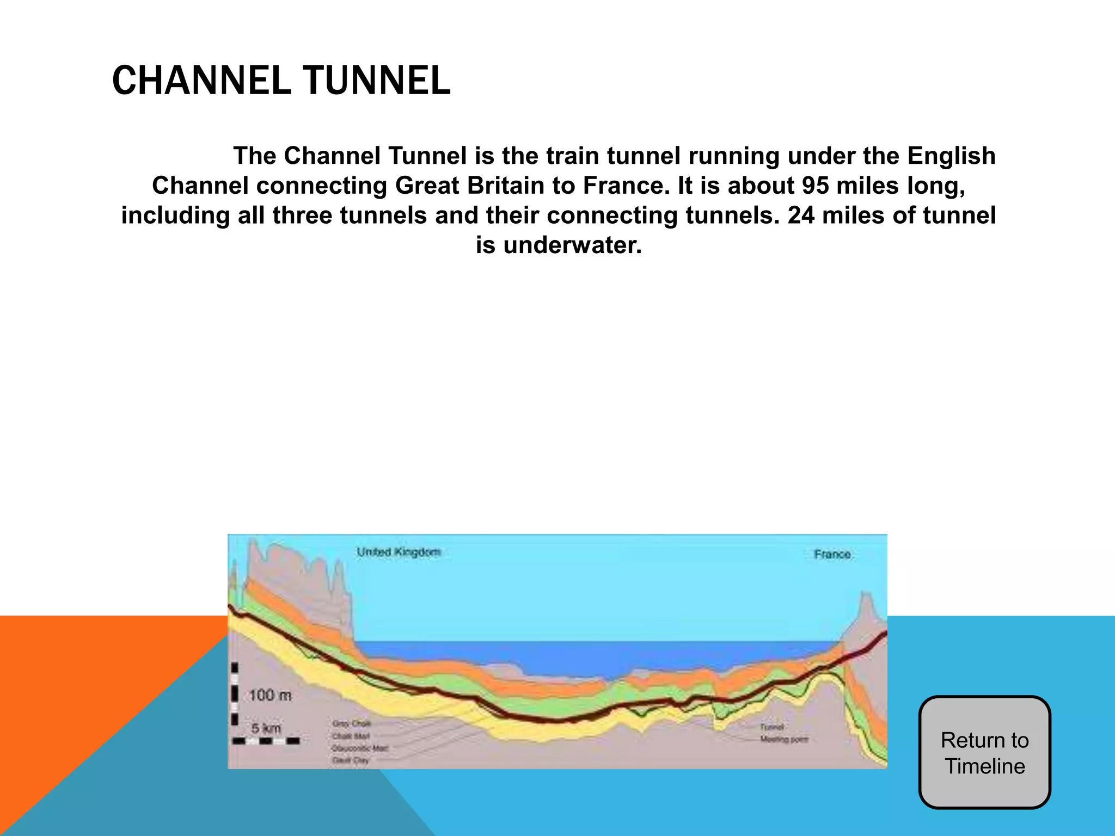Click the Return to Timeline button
984,753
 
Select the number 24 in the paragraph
801,216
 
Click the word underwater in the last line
572,245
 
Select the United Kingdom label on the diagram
399,552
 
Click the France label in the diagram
832,554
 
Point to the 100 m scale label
270,695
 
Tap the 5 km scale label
266,728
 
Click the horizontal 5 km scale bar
266,741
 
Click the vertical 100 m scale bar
235,694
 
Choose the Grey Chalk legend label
351,724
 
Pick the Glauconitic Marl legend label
360,748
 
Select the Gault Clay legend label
351,760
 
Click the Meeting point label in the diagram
784,739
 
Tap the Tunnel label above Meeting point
772,727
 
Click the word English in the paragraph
951,156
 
